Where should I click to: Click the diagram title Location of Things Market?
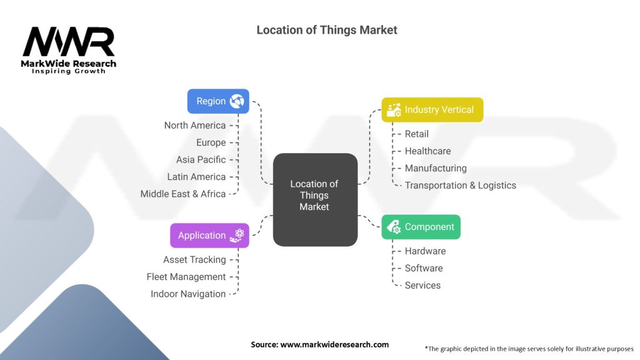(x=326, y=30)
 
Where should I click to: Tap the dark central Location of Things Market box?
(x=314, y=199)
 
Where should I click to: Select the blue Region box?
(x=218, y=101)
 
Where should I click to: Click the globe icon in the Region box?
(x=237, y=101)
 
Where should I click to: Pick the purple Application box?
(x=209, y=236)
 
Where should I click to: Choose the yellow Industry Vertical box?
(x=432, y=109)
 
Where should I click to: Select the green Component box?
(x=421, y=227)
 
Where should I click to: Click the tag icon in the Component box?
(x=394, y=227)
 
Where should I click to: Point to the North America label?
(x=194, y=126)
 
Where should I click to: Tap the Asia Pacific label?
(x=202, y=160)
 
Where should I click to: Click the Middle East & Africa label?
(x=182, y=194)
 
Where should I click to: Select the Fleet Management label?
(x=186, y=277)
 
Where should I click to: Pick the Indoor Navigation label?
(x=187, y=294)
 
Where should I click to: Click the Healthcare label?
(x=427, y=151)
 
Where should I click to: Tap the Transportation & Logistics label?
(x=460, y=186)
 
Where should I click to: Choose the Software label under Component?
(x=424, y=268)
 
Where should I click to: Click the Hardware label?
(x=425, y=251)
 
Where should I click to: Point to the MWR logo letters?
(x=69, y=42)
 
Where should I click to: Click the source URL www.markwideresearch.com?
(x=334, y=344)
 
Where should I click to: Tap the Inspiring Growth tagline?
(x=69, y=71)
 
